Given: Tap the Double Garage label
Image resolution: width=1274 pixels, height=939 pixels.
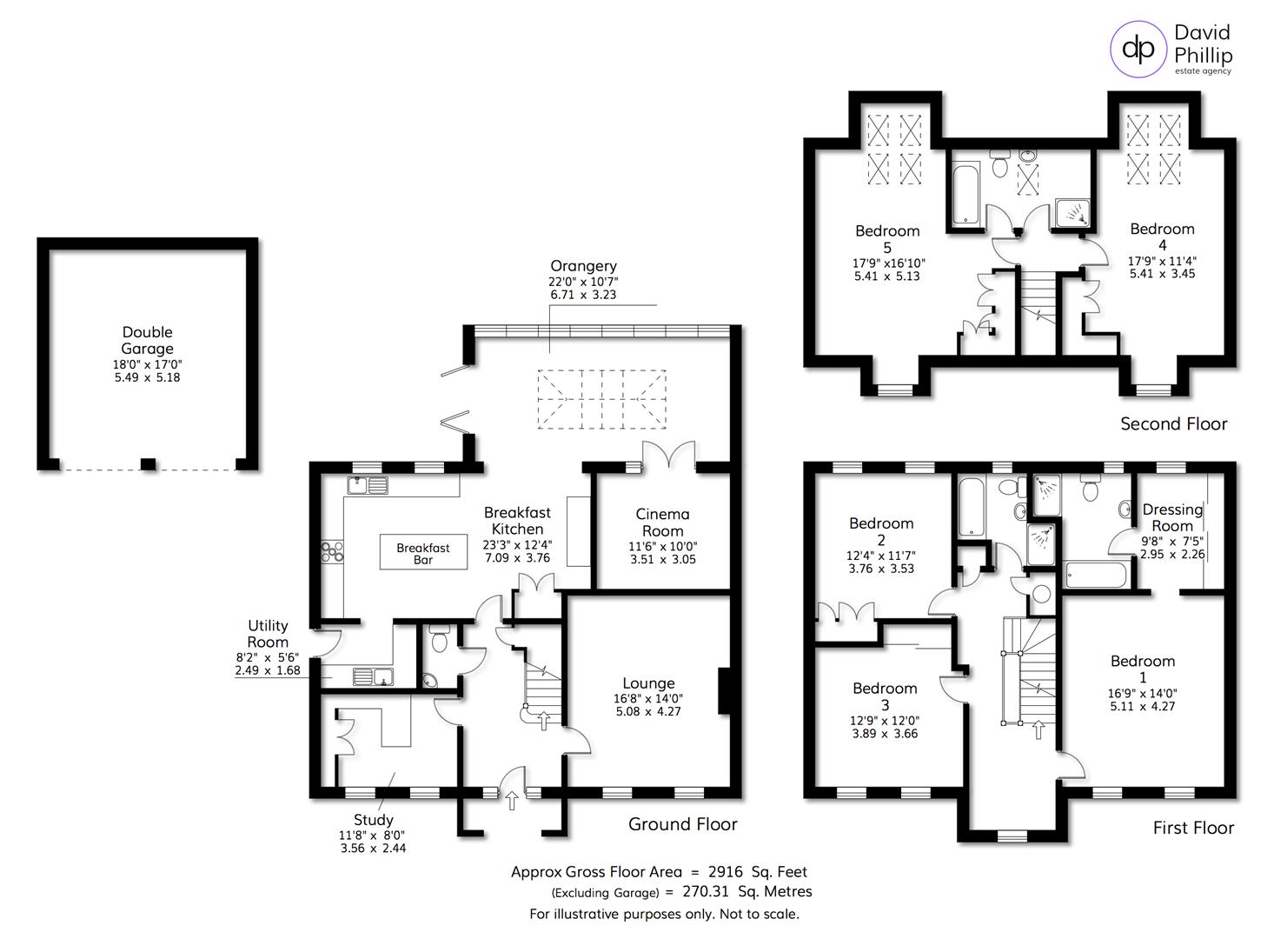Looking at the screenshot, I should [x=147, y=340].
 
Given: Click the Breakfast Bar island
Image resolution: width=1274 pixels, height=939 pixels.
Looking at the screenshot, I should [x=423, y=553].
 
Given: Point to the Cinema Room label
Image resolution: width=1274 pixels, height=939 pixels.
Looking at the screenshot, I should [x=662, y=523].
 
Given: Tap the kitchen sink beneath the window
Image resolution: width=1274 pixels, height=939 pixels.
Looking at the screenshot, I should [x=367, y=485].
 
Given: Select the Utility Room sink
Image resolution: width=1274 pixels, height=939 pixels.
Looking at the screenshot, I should [x=374, y=676].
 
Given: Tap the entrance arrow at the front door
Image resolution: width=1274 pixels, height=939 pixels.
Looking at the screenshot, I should [x=511, y=799].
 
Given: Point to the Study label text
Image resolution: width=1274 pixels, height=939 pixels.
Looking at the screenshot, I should [x=374, y=819].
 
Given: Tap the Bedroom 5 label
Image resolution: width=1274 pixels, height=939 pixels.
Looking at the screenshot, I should [x=886, y=239].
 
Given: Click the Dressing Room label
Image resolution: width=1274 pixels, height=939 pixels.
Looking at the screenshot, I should [x=1172, y=517].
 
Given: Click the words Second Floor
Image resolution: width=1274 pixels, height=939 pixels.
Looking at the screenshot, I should [x=1173, y=423].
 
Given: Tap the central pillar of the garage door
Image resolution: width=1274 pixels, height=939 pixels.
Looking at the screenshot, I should [x=149, y=463].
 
